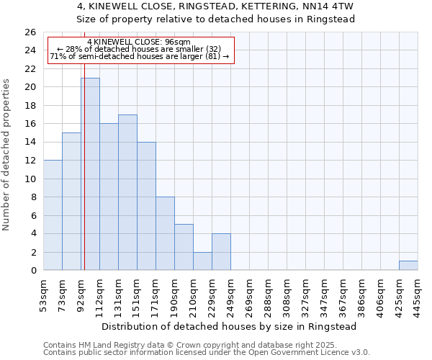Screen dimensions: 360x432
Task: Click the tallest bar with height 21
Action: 90,174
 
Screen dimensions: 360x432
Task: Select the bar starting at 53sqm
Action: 53,215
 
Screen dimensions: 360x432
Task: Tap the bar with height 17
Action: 127,192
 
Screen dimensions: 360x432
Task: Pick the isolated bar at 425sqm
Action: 408,266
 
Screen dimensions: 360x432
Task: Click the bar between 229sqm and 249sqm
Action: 221,252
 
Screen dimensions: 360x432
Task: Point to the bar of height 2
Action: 202,261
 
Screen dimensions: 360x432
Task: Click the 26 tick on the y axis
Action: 30,32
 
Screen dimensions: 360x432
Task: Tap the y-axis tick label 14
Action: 30,143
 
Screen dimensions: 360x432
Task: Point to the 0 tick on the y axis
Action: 32,271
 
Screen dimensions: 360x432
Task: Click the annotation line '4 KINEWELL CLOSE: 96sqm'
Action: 143,42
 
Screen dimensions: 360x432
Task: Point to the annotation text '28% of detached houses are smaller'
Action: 142,49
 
